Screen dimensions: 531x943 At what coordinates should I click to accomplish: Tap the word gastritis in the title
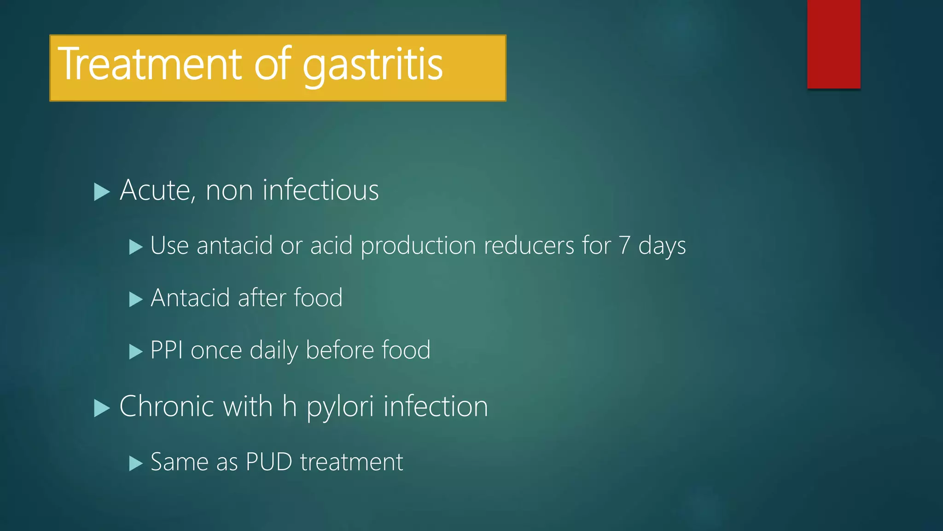(373, 66)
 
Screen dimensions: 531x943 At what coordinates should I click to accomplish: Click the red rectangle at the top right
(833, 44)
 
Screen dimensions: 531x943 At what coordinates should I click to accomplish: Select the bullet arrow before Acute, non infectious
(101, 191)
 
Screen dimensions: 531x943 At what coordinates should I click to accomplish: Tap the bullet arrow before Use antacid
(136, 247)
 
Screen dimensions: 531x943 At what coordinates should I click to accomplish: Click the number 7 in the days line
(624, 246)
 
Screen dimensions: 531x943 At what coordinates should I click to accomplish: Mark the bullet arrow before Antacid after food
(136, 300)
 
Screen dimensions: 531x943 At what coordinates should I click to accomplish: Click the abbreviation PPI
(167, 350)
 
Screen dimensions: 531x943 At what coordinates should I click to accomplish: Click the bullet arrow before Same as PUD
(136, 463)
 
